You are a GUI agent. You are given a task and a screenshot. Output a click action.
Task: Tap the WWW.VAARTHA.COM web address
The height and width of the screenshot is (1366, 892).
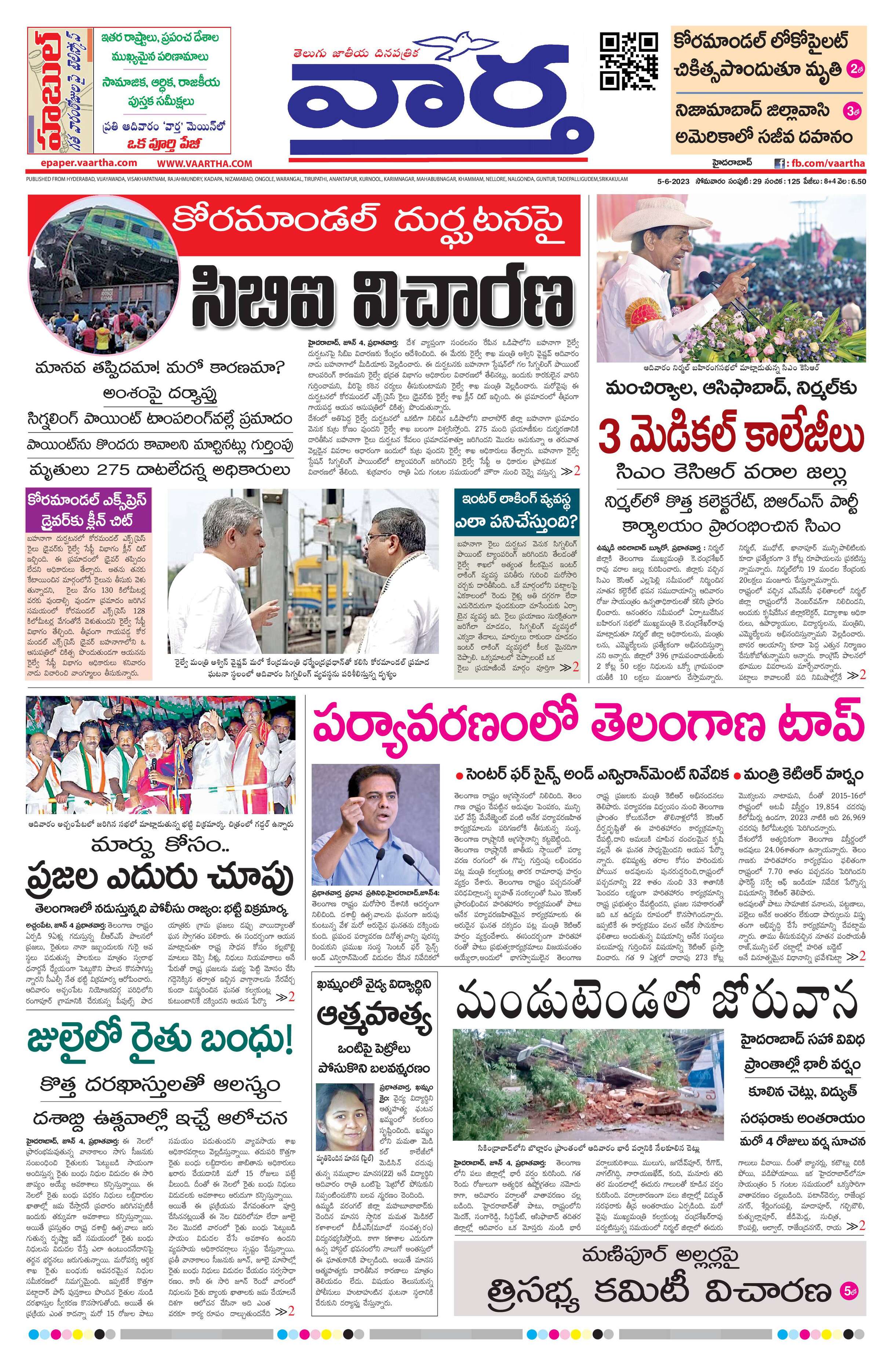click(x=205, y=164)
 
